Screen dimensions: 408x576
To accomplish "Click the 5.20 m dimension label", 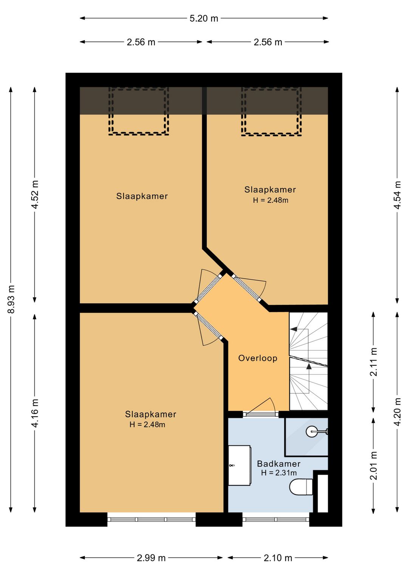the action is click(x=204, y=18).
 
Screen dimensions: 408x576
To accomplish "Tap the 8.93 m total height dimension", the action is click(x=11, y=299).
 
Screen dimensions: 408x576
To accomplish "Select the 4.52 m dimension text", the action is click(x=35, y=195).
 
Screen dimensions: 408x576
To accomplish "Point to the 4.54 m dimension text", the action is click(x=397, y=195).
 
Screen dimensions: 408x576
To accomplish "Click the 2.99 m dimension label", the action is click(x=151, y=558).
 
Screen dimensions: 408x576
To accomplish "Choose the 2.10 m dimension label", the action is click(x=278, y=558).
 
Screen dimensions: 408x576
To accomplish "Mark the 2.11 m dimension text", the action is click(x=374, y=362).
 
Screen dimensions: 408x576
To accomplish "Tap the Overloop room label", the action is click(x=258, y=358).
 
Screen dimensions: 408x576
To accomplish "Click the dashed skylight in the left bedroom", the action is click(x=139, y=111).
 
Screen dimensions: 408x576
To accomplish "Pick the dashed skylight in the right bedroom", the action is click(x=271, y=111).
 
